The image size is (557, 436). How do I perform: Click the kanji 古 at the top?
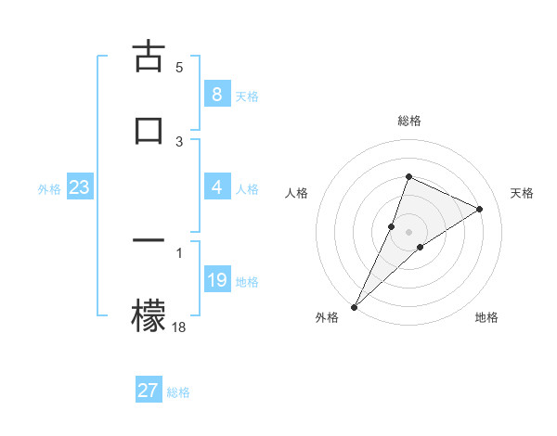point(148,57)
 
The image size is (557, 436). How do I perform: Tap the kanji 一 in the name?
point(148,241)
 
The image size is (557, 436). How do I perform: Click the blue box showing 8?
point(216,95)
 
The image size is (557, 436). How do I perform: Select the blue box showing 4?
point(216,187)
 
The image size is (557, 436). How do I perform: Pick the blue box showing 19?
point(216,280)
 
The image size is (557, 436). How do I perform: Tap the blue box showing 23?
point(79,187)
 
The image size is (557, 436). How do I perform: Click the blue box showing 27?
point(148,390)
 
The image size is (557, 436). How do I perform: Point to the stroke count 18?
point(179,326)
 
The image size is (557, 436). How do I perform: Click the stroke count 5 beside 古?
point(179,67)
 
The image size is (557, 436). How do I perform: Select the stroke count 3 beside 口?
point(179,141)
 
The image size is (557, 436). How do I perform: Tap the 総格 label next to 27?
point(178,391)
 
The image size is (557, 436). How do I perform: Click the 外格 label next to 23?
point(49,188)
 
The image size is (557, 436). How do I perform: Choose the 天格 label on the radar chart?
point(522,193)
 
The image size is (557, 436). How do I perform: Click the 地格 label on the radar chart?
point(486,317)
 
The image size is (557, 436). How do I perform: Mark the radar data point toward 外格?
point(355,306)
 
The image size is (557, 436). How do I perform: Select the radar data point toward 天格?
point(479,209)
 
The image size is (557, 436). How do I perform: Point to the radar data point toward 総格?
point(408,176)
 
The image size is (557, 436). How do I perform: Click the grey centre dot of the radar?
point(408,231)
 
